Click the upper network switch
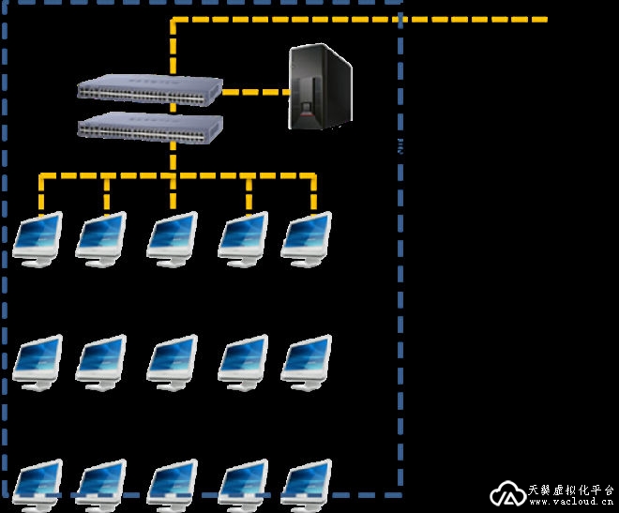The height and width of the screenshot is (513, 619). point(150,91)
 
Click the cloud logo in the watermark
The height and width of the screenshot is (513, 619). point(507,494)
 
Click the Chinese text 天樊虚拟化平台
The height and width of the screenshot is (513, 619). point(570,489)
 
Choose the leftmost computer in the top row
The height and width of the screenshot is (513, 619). point(38,239)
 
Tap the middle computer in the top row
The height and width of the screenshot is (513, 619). point(173,239)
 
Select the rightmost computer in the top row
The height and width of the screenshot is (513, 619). point(307,239)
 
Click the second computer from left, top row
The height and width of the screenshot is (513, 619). point(100,239)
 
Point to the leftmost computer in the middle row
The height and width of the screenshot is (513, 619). point(38,361)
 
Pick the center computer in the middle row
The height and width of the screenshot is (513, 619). point(173,361)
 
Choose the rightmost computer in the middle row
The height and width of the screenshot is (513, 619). point(307,361)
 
